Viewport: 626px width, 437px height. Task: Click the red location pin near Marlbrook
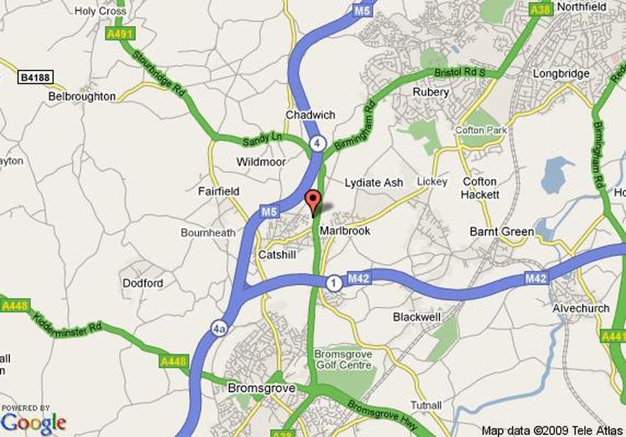click(312, 201)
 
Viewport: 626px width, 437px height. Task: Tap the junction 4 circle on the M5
click(318, 143)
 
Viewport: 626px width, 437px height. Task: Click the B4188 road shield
click(34, 79)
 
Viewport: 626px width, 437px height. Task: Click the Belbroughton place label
click(82, 97)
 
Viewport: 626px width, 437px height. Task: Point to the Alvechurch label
click(580, 309)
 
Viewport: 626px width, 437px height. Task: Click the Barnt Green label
click(501, 232)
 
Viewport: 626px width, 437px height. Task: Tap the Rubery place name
click(431, 92)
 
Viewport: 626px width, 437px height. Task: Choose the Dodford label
click(143, 283)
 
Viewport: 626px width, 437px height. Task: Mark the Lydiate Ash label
click(374, 183)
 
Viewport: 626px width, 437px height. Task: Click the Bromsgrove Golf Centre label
click(343, 360)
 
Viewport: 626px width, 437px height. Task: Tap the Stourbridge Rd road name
click(159, 73)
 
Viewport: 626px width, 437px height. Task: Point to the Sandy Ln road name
click(262, 138)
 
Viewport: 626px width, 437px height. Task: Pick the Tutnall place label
click(425, 405)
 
